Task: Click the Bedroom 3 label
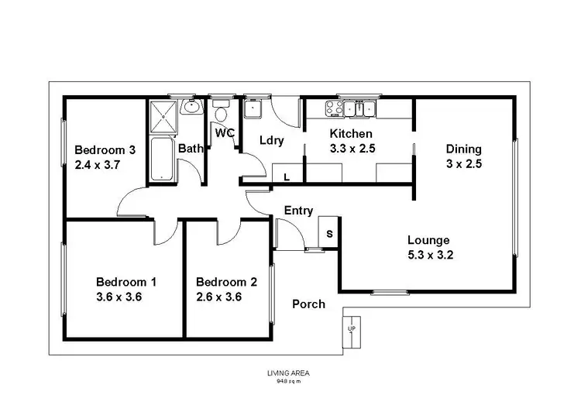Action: [x=105, y=149]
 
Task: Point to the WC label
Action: [x=225, y=132]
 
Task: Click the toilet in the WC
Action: [x=221, y=108]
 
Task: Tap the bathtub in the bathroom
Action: [x=163, y=160]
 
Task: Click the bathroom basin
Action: [x=191, y=108]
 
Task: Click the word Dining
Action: [x=464, y=149]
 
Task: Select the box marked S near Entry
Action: [x=329, y=232]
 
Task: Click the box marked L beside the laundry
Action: [x=287, y=177]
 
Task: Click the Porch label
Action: [x=308, y=304]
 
